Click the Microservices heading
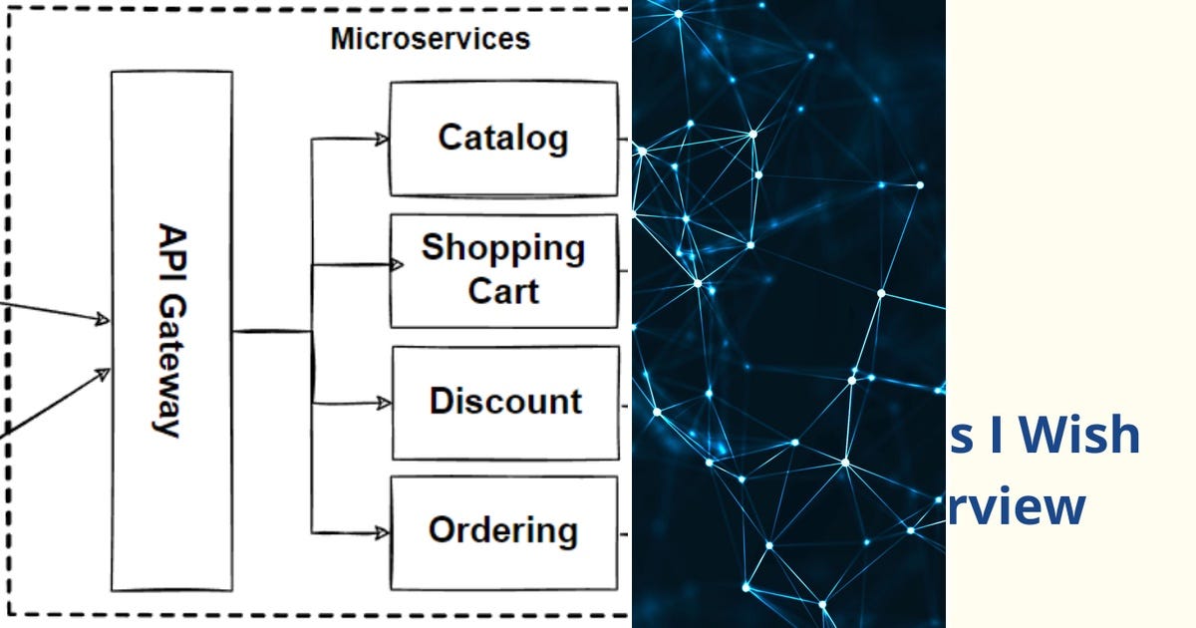[x=430, y=39]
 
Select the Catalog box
[x=503, y=139]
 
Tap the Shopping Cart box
[x=503, y=270]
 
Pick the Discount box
[x=504, y=402]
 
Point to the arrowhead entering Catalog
[x=382, y=140]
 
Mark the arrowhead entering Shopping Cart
[x=396, y=265]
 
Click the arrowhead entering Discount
[x=385, y=404]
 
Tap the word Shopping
[x=503, y=248]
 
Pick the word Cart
[x=503, y=291]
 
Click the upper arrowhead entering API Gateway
[x=102, y=319]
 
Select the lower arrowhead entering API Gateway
[x=103, y=374]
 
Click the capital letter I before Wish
[x=996, y=437]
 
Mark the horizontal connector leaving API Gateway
[x=271, y=332]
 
